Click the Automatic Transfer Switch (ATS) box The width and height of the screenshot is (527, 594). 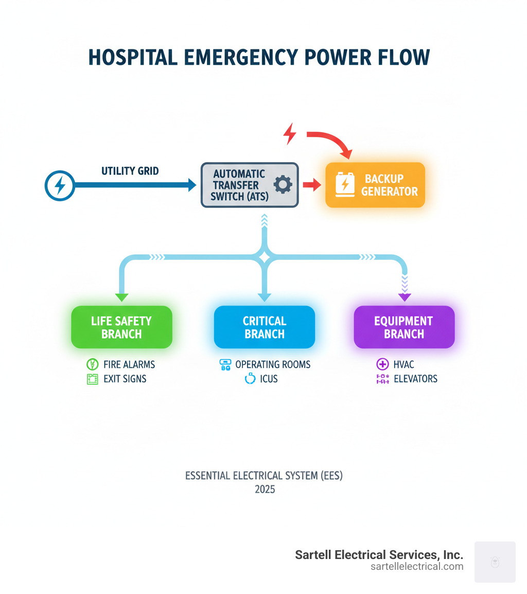[x=249, y=185]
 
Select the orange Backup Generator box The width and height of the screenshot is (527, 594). [x=375, y=185]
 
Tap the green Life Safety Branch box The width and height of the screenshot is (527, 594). [x=121, y=327]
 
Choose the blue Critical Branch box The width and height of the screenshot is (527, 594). [x=265, y=327]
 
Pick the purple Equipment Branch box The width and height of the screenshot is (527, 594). [x=404, y=327]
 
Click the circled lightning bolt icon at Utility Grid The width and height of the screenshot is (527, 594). [x=60, y=185]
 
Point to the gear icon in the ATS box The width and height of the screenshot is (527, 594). [x=283, y=185]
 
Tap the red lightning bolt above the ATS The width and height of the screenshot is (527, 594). [x=290, y=134]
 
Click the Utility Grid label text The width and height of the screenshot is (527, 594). [x=130, y=171]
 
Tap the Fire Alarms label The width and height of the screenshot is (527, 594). [x=129, y=364]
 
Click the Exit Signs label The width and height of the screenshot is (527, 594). [x=125, y=379]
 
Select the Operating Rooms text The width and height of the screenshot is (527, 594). [x=273, y=364]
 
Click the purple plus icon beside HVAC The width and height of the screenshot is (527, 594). [x=382, y=364]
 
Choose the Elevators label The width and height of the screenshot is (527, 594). [x=414, y=379]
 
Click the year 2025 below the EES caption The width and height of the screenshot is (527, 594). [x=265, y=489]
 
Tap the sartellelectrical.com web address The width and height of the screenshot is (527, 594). [x=417, y=567]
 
